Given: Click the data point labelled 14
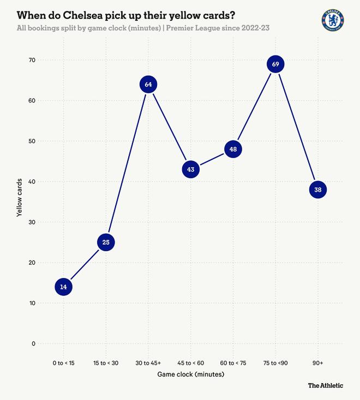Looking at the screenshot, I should (64, 287).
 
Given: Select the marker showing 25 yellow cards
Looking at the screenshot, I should (106, 242).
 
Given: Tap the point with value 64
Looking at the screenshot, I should (148, 84).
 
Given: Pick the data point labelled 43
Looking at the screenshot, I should (191, 169).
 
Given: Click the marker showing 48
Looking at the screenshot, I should (233, 149).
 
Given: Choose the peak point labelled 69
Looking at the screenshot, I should (275, 64).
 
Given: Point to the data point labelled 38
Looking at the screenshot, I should (317, 190).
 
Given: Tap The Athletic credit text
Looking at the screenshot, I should (326, 385).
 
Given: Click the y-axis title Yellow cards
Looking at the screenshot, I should (20, 197).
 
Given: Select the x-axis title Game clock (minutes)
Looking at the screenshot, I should (191, 374).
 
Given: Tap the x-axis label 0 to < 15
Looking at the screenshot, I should (64, 362).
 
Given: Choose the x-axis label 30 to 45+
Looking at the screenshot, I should (148, 362).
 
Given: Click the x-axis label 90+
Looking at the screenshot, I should (317, 362).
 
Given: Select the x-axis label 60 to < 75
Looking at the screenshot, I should (233, 362).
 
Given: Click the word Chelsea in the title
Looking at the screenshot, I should (85, 14).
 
